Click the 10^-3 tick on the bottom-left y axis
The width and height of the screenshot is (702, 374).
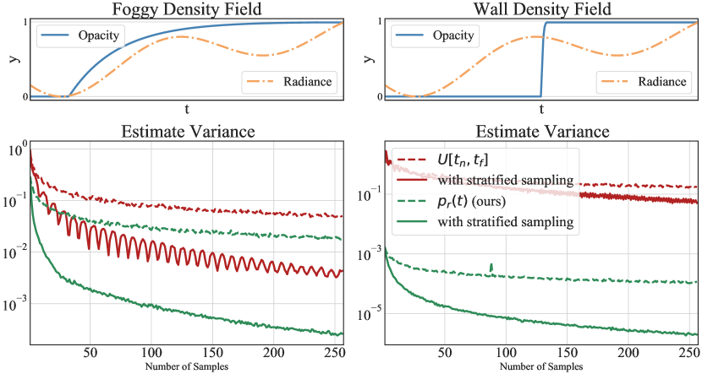click(17, 301)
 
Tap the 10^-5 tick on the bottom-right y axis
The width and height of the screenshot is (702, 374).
click(370, 315)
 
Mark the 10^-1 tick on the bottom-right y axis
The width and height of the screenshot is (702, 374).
click(370, 195)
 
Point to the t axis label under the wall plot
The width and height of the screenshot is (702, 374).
click(541, 109)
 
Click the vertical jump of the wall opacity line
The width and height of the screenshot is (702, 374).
click(542, 59)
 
